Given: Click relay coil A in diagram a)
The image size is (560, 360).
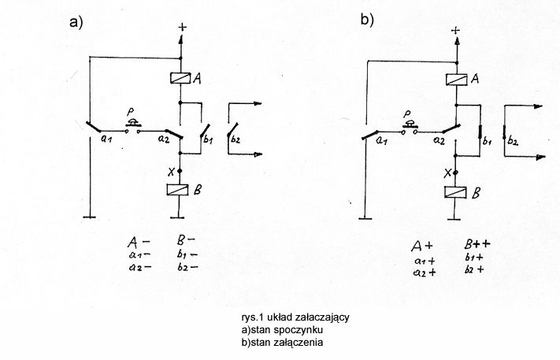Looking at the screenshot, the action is (180, 78).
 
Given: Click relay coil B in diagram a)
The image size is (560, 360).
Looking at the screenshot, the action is (178, 190).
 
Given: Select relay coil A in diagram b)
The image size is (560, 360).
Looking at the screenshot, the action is (457, 80).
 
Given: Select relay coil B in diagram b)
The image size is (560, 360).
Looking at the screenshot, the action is (456, 192).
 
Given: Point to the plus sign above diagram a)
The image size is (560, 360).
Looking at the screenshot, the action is (183, 28).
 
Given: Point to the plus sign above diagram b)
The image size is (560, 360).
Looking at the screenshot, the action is (456, 31).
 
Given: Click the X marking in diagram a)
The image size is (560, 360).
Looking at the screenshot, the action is (171, 173).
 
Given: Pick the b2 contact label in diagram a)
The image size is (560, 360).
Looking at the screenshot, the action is (235, 139).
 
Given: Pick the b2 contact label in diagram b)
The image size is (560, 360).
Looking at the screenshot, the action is (513, 142).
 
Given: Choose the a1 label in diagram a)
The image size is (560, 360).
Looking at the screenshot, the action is (106, 139).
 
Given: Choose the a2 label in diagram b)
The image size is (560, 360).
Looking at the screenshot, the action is (439, 141).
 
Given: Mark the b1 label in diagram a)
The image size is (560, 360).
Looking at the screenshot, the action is (207, 139).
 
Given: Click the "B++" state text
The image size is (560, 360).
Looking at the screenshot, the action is (477, 244).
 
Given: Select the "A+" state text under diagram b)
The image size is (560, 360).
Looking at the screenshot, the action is (422, 246).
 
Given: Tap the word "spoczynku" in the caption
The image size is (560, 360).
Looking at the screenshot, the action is (299, 329).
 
